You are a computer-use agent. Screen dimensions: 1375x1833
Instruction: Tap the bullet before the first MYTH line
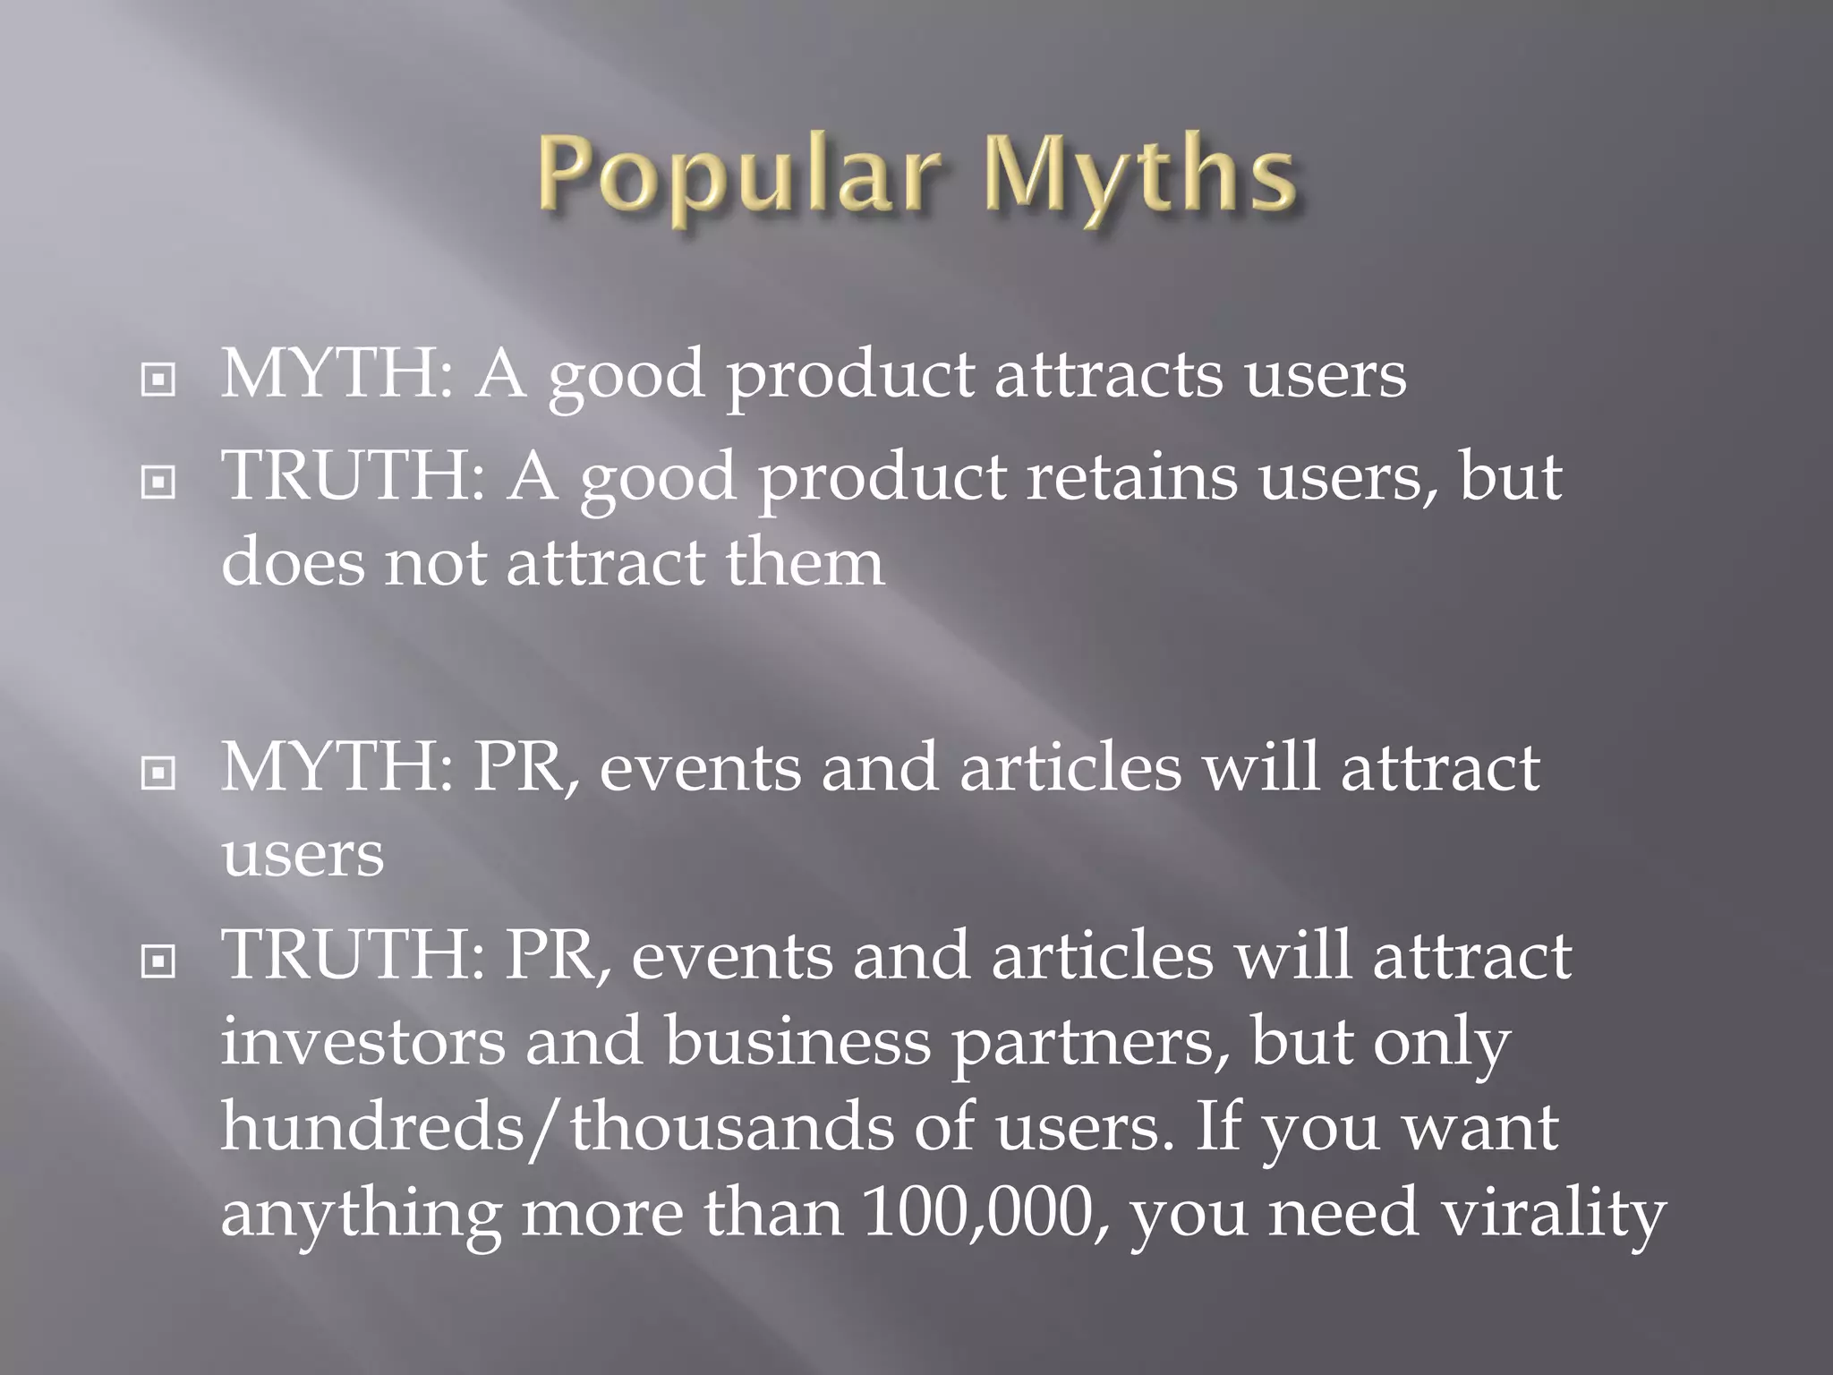(158, 380)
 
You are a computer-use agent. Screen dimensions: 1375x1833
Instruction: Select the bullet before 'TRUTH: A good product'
(158, 483)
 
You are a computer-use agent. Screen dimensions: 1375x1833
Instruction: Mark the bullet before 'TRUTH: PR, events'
(158, 962)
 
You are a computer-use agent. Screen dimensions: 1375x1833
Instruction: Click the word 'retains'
(1130, 476)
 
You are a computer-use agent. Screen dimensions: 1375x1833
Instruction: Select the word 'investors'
(362, 1042)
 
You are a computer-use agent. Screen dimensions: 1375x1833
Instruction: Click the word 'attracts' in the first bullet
(1108, 374)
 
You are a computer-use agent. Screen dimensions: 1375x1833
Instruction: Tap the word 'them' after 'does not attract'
(804, 563)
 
